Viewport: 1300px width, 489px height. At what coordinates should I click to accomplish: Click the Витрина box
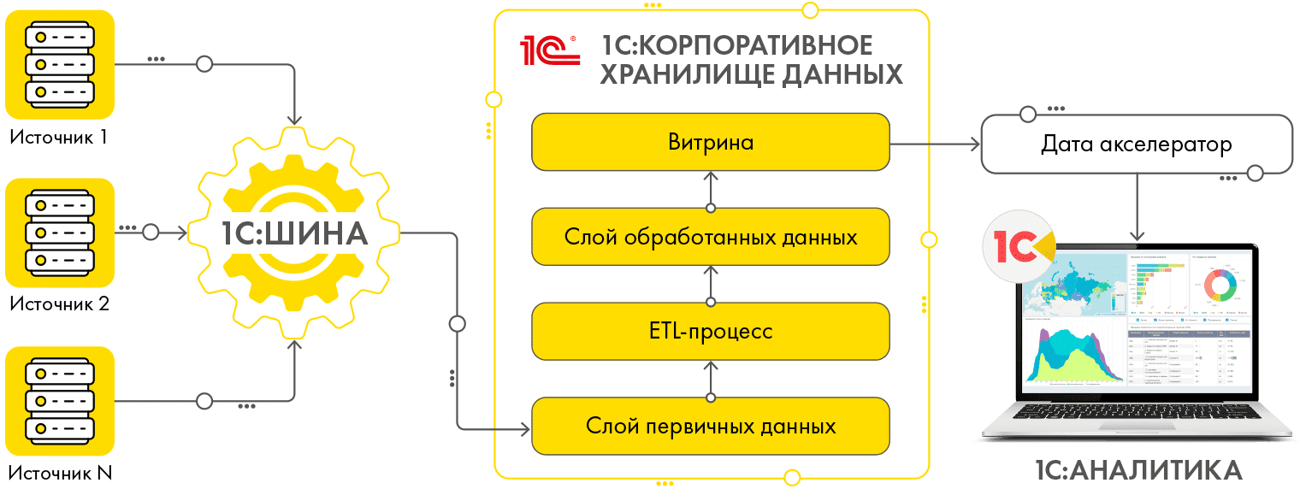coord(711,142)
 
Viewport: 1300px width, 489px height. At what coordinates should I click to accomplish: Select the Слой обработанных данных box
coord(711,237)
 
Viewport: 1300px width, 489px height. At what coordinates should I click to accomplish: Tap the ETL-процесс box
coord(711,331)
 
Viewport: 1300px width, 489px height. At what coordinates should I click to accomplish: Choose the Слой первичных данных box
coord(711,425)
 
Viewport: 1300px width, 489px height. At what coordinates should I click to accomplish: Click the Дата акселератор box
coord(1136,144)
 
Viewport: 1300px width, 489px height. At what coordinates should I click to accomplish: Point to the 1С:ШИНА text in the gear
coord(292,233)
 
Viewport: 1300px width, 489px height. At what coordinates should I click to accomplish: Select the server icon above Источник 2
coord(60,232)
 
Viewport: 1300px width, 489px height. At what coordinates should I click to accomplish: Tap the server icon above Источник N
coord(60,400)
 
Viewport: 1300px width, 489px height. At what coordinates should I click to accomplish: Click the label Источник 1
coord(59,137)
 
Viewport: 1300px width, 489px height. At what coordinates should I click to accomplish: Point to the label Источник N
coord(61,473)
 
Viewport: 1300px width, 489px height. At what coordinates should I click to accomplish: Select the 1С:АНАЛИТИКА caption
coord(1137,470)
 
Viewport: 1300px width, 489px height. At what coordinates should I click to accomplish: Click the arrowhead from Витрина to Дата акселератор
coord(974,144)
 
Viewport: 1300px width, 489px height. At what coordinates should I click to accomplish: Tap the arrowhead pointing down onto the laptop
coord(1137,234)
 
